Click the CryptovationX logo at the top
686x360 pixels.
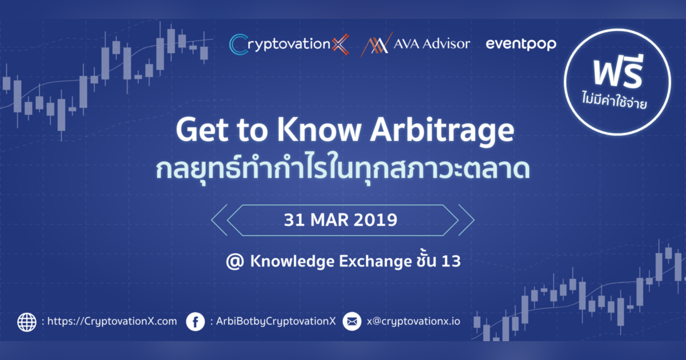[x=289, y=45]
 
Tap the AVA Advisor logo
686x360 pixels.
[x=415, y=45]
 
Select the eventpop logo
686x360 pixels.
[x=520, y=44]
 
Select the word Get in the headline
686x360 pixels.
[x=201, y=131]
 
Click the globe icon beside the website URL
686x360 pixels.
[x=27, y=322]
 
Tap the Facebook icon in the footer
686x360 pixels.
[x=196, y=322]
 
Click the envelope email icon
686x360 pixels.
[x=352, y=322]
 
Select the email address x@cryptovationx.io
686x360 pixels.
[x=413, y=322]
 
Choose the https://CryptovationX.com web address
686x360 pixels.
[x=112, y=322]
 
